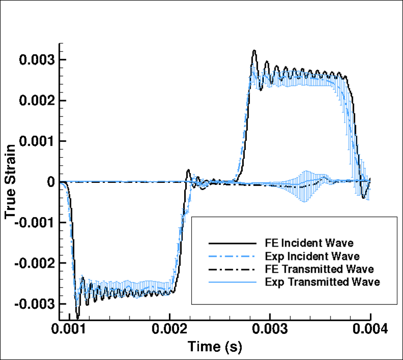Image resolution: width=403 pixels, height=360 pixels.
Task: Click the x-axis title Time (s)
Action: pyautogui.click(x=214, y=347)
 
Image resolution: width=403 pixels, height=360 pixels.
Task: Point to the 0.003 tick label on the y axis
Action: pyautogui.click(x=36, y=60)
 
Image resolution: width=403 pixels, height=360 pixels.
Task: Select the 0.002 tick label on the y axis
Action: pyautogui.click(x=36, y=101)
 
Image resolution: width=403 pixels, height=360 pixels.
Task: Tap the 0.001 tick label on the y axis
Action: pyautogui.click(x=36, y=141)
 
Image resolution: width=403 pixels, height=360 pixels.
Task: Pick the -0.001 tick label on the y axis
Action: pyautogui.click(x=34, y=223)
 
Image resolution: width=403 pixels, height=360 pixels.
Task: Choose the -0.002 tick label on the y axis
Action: pyautogui.click(x=34, y=263)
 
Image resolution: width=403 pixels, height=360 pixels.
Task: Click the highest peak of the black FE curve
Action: pyautogui.click(x=254, y=51)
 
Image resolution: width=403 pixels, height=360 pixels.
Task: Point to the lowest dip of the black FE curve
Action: pyautogui.click(x=78, y=317)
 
